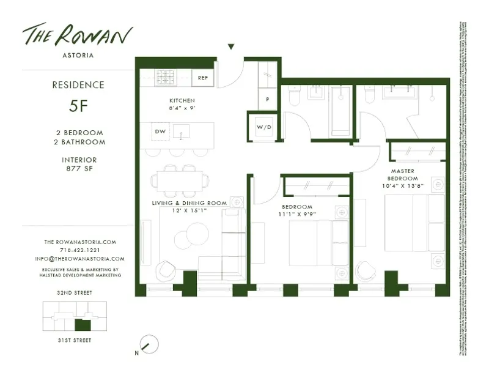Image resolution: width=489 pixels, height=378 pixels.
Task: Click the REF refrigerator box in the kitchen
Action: click(202, 78)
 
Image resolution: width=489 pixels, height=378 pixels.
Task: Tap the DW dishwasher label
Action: click(160, 131)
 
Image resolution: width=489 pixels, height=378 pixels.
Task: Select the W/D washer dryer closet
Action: click(263, 127)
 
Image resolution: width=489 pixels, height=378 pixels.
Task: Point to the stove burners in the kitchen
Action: click(165, 78)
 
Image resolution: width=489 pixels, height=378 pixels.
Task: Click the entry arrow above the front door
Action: click(231, 46)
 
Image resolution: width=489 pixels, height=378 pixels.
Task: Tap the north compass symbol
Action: click(148, 344)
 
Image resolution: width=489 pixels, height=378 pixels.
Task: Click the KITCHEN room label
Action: click(182, 100)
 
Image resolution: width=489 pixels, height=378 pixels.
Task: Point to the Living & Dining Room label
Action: click(189, 202)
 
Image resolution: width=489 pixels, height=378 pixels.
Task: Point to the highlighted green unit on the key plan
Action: click(82, 325)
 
